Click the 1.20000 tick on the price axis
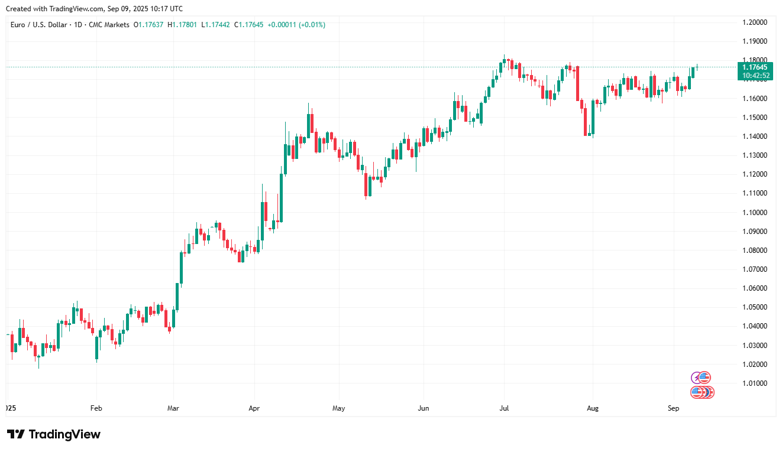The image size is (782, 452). pos(755,22)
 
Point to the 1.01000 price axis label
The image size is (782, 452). pos(755,383)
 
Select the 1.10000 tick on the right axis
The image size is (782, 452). pos(755,213)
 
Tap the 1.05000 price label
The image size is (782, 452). pos(755,307)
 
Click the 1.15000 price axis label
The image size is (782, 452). pos(755,118)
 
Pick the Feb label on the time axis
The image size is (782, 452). pos(96,408)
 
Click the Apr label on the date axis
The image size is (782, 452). pos(254,408)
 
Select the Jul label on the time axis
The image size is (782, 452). pos(505,408)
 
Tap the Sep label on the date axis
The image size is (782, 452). pos(673,408)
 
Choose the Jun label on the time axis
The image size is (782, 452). pos(424,408)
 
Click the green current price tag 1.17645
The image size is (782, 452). pos(755,67)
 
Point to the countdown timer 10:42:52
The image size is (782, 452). pos(755,76)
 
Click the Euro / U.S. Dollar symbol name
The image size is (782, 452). pos(39,25)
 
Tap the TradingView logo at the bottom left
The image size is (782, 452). pos(54,434)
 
